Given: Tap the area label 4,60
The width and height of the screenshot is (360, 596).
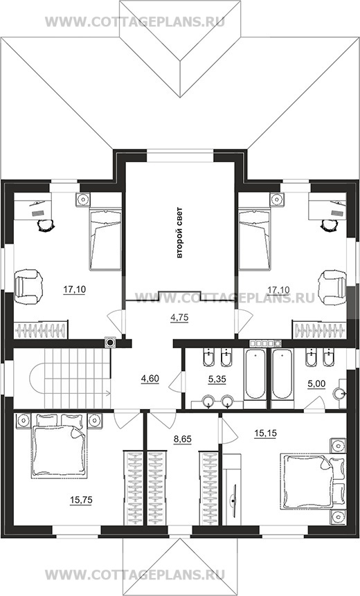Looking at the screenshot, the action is coord(150,379).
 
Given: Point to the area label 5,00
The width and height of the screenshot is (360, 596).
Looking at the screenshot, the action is coord(316,384).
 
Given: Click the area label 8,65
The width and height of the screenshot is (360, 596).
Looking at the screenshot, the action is coord(183,440).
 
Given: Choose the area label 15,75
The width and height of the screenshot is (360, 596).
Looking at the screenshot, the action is coord(81,500).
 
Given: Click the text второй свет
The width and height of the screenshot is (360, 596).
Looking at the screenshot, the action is coord(180,233).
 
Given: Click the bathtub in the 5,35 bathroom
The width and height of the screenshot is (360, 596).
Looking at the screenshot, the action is coord(255,374).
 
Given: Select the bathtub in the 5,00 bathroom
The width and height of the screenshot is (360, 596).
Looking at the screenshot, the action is coord(282,374).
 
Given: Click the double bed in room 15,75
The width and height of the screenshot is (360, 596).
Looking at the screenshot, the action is coord(59,446).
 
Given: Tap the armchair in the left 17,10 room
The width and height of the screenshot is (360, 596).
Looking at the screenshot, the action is coord(28,287).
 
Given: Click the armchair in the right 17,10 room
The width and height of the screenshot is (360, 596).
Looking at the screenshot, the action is coord(332,287).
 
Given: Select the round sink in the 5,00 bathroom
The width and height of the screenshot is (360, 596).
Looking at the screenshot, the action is coord(339,394).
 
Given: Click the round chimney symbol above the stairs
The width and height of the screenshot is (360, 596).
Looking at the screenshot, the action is coord(110,343).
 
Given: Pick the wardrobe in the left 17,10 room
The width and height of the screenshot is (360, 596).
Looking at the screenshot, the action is coord(41,329).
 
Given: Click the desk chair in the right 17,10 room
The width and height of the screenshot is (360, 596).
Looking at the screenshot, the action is coord(330,225).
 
